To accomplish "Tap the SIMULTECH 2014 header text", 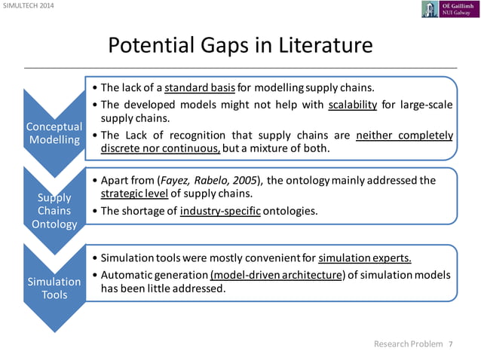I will [27, 7].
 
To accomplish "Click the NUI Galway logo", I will [449, 9].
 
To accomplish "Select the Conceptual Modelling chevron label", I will [54, 133].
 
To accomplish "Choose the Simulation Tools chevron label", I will [54, 288].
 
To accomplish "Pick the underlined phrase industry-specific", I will [221, 211].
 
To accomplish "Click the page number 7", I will [451, 344].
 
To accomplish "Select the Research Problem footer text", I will [409, 344].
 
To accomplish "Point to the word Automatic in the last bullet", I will [126, 273].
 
